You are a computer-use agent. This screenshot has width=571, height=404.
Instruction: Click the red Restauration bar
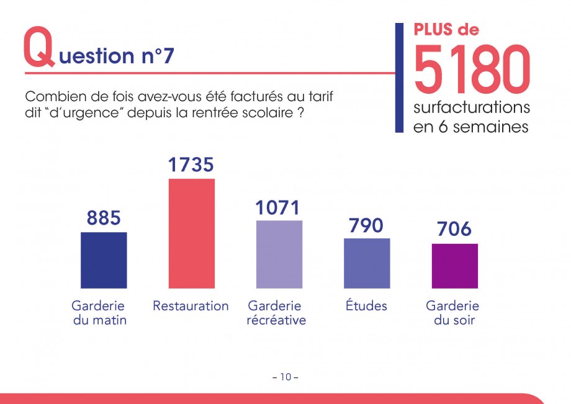pyautogui.click(x=192, y=233)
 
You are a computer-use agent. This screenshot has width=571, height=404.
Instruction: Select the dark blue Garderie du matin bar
pyautogui.click(x=104, y=260)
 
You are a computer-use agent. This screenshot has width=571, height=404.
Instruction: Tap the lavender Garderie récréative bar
pyautogui.click(x=279, y=254)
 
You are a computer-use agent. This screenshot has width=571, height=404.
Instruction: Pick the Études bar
pyautogui.click(x=367, y=263)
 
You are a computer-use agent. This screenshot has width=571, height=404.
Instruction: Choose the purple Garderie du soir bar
pyautogui.click(x=455, y=266)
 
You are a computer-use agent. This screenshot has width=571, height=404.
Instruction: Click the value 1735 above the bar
pyautogui.click(x=191, y=165)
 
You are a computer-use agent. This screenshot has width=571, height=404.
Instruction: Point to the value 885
pyautogui.click(x=104, y=218)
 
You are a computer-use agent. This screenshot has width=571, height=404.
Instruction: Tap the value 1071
pyautogui.click(x=279, y=207)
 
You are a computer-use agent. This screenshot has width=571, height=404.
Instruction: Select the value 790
pyautogui.click(x=366, y=225)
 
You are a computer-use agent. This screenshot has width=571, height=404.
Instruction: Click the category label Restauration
pyautogui.click(x=191, y=306)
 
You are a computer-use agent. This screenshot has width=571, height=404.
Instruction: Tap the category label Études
pyautogui.click(x=366, y=306)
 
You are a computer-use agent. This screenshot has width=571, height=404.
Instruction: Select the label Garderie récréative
pyautogui.click(x=276, y=313)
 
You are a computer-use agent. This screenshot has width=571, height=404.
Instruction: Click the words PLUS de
pyautogui.click(x=446, y=29)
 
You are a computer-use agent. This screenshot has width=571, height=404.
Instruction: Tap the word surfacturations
pyautogui.click(x=471, y=107)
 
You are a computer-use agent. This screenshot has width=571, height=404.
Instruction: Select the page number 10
pyautogui.click(x=285, y=377)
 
